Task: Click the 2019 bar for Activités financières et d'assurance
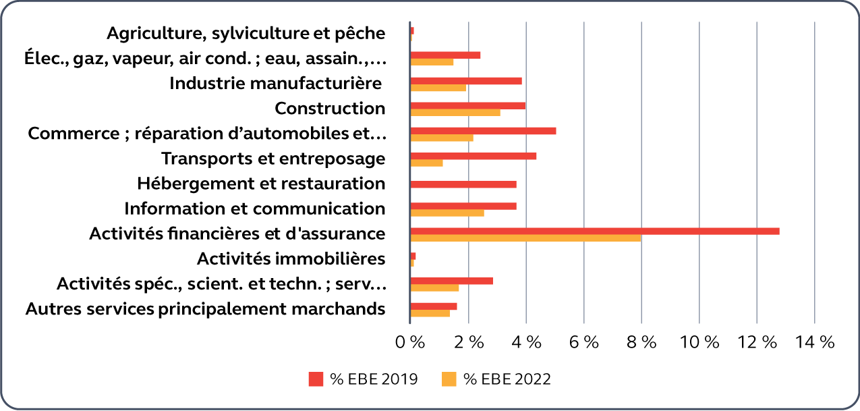[594, 231]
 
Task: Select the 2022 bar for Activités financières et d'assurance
[525, 238]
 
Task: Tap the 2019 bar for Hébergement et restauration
[463, 184]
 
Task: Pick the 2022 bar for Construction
[455, 113]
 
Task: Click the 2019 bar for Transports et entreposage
[473, 156]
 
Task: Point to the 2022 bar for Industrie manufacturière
[438, 88]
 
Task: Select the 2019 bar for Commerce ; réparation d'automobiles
[483, 131]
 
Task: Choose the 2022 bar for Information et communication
[447, 213]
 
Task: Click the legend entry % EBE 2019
[363, 379]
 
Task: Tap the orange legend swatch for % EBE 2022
[449, 379]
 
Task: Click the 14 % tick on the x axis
[815, 343]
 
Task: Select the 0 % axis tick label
[410, 343]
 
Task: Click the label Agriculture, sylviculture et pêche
[246, 33]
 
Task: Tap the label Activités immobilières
[291, 258]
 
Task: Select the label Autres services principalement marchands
[205, 309]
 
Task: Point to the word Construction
[330, 108]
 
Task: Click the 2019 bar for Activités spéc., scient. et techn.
[451, 281]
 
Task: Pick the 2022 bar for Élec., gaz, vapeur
[432, 62]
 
